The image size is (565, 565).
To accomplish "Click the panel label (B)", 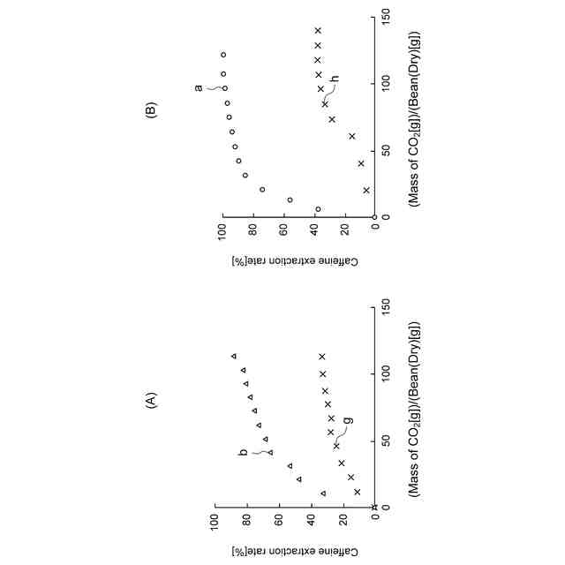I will [151, 111].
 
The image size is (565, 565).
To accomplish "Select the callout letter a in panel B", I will [199, 87].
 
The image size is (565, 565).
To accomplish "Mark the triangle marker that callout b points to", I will [270, 452].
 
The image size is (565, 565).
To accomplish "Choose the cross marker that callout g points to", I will [336, 447].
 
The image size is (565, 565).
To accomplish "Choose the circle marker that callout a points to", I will [224, 88].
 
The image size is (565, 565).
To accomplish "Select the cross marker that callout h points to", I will [325, 104].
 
